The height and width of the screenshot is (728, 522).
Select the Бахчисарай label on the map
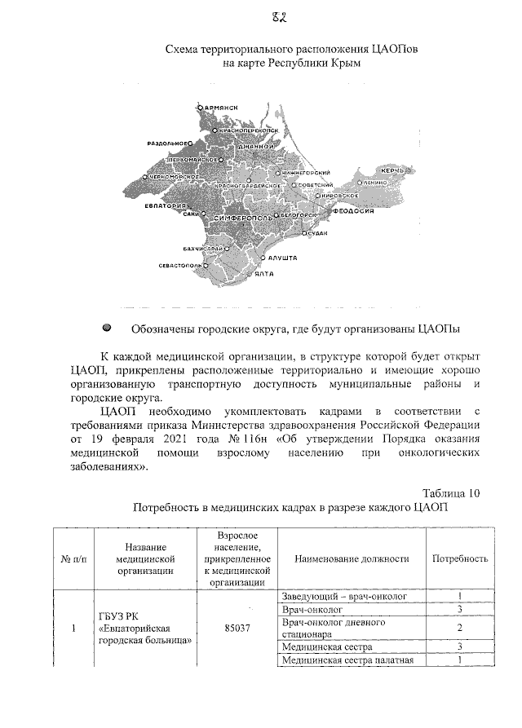point(198,247)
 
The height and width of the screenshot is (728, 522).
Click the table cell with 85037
point(237,629)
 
